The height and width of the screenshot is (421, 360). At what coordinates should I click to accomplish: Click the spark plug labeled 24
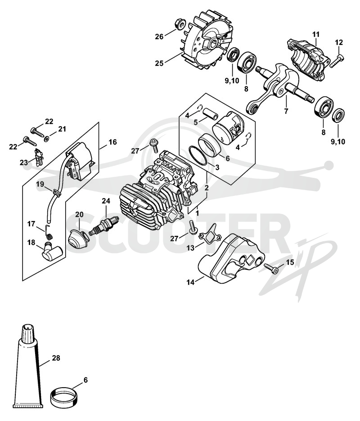click(x=104, y=226)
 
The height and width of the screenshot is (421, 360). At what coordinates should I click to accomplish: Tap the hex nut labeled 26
click(x=179, y=24)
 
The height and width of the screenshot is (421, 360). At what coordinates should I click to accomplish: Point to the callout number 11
click(x=316, y=34)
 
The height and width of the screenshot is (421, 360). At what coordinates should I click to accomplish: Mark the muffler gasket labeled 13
click(x=210, y=233)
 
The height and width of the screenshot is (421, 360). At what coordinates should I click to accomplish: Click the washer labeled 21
click(x=47, y=139)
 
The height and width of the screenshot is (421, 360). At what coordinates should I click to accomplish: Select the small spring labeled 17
click(x=49, y=232)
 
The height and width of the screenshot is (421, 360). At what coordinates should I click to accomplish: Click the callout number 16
click(x=112, y=141)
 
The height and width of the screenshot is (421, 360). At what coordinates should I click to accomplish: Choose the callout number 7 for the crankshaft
click(x=286, y=110)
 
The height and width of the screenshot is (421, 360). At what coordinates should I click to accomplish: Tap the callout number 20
click(x=79, y=214)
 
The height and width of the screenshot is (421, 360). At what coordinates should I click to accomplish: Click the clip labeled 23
click(x=38, y=158)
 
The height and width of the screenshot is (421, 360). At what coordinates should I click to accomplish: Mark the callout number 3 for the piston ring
click(x=217, y=167)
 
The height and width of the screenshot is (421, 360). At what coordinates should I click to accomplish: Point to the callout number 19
click(x=40, y=184)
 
